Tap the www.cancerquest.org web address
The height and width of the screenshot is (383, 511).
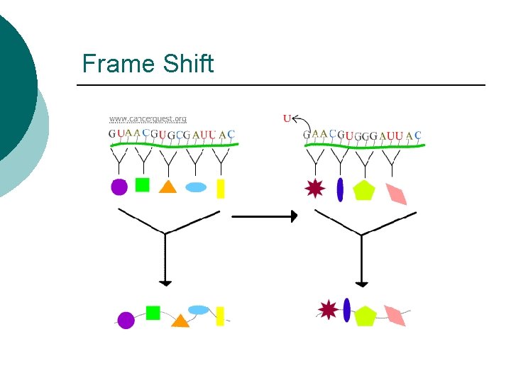(148, 118)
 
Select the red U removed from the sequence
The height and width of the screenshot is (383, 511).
(287, 118)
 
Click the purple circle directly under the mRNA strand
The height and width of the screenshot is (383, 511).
(119, 187)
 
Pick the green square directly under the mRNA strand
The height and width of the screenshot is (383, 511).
(143, 184)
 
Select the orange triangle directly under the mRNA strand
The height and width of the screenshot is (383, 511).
(167, 187)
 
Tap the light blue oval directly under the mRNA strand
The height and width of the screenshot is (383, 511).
(196, 187)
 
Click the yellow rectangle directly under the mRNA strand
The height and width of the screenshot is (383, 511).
(221, 188)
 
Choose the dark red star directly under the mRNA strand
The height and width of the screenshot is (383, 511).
(314, 188)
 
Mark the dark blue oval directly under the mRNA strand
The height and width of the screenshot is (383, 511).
(340, 189)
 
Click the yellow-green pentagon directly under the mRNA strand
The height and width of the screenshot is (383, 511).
(363, 190)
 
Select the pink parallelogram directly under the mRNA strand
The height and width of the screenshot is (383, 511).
(396, 193)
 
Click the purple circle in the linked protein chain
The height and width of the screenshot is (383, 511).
(126, 320)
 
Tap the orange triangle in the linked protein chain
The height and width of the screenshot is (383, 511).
(180, 321)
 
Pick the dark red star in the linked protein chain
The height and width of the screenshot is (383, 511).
(328, 309)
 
